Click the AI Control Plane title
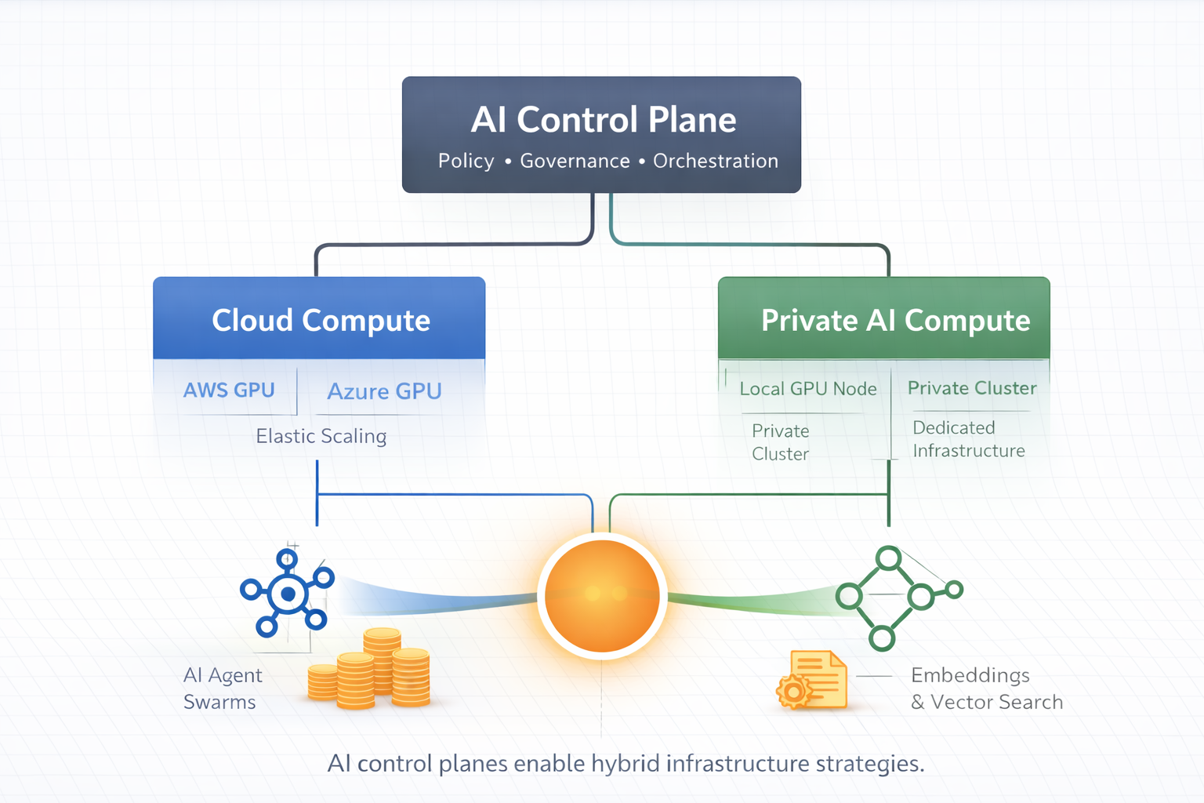[x=603, y=121]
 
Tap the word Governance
[x=575, y=162]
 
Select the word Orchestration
[x=715, y=162]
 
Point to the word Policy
[x=466, y=162]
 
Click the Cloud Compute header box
[x=320, y=319]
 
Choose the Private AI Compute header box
[x=884, y=319]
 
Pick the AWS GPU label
[x=229, y=390]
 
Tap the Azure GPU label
[x=384, y=391]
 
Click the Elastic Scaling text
[x=321, y=436]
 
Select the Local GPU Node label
[x=807, y=389]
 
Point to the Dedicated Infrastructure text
[x=968, y=439]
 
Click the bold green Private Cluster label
[x=971, y=388]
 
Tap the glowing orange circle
[x=602, y=596]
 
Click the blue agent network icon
[x=287, y=594]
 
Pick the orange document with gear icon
[x=813, y=681]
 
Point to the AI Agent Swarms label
[x=223, y=689]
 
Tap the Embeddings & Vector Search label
[x=986, y=689]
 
